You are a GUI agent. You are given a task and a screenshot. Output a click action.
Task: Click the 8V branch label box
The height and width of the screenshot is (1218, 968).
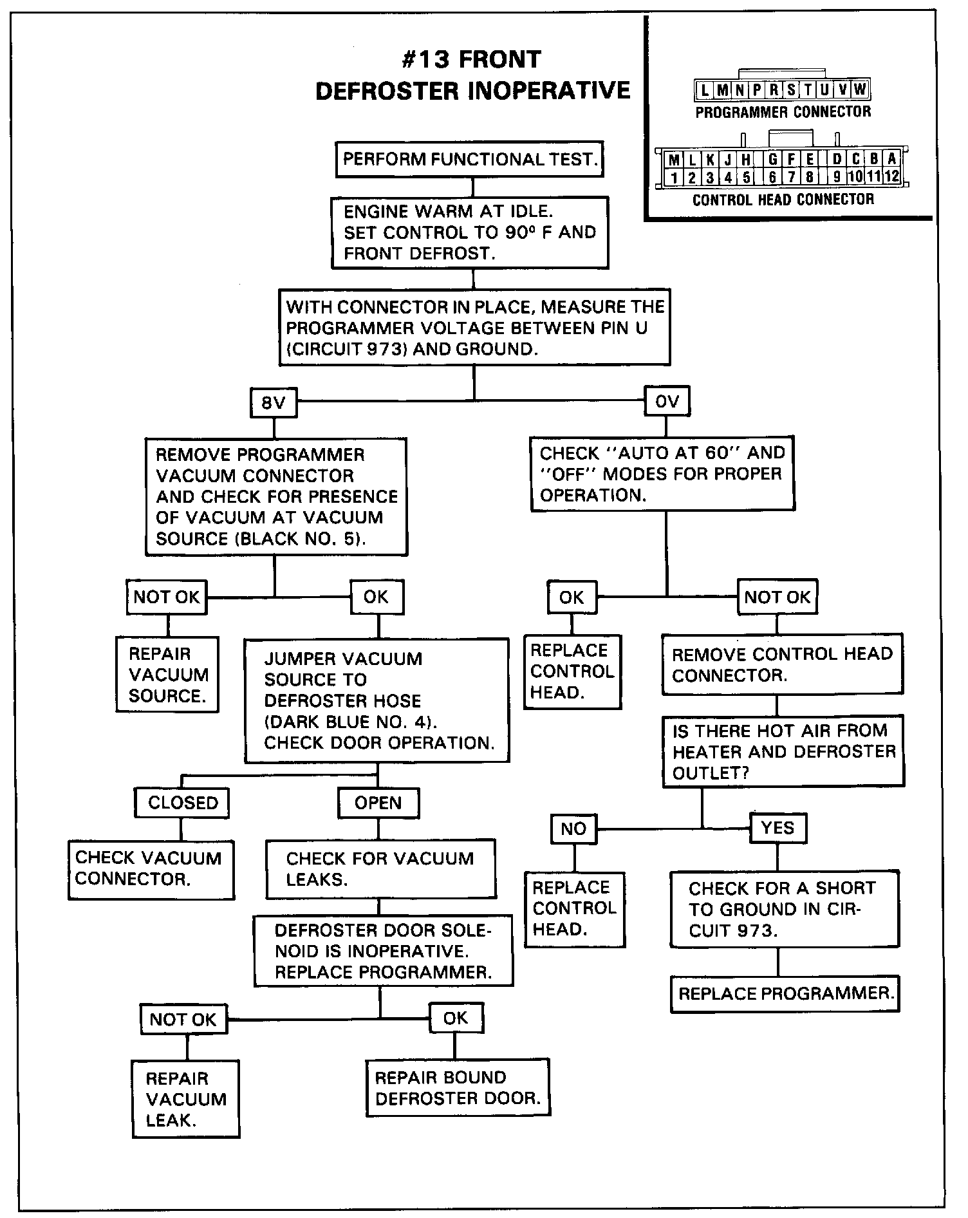click(274, 403)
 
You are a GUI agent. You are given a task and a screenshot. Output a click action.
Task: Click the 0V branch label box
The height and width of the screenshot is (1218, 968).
click(667, 402)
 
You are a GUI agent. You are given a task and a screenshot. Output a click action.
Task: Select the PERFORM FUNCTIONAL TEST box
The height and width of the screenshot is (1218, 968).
click(469, 159)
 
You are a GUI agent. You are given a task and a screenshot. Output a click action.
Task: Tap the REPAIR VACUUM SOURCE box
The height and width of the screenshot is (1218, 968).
click(167, 674)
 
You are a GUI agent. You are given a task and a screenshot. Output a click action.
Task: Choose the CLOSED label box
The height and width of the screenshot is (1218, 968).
click(183, 803)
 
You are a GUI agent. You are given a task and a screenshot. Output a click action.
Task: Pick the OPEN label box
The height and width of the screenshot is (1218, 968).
click(378, 803)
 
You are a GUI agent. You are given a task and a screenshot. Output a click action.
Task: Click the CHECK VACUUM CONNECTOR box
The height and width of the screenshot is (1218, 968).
click(151, 869)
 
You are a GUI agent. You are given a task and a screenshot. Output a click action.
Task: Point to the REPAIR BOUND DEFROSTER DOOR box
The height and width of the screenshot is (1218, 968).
click(458, 1087)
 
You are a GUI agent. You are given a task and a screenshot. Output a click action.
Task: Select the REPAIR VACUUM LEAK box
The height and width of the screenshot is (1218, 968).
click(186, 1099)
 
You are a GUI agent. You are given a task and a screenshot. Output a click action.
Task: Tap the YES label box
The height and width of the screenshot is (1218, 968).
click(777, 828)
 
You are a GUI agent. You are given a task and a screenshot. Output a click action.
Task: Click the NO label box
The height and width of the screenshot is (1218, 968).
click(573, 829)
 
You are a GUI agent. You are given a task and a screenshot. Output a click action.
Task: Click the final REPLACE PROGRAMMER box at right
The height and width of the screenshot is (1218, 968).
click(785, 994)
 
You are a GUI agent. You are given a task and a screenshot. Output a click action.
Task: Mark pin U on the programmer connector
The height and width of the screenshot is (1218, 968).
click(824, 90)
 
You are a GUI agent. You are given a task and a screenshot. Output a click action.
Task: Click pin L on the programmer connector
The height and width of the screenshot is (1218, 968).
click(705, 90)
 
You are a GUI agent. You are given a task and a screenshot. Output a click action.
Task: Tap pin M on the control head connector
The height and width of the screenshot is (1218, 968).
click(674, 160)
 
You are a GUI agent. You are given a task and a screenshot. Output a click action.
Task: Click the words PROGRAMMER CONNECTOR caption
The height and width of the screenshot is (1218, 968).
click(783, 112)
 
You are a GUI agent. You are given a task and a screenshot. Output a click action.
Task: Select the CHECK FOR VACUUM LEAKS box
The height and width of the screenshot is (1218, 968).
click(381, 869)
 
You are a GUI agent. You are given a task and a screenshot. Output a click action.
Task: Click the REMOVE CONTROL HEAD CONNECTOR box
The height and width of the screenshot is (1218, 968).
click(783, 664)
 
